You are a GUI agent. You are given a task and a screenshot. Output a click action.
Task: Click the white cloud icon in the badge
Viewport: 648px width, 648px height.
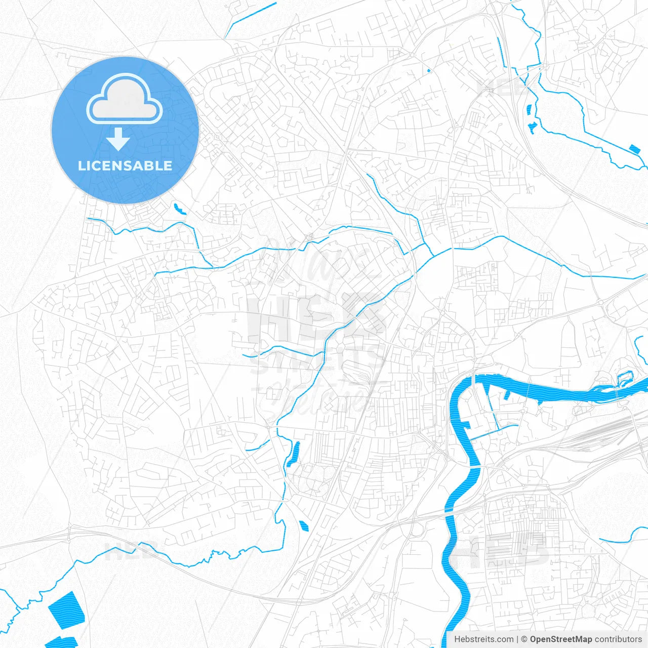(x=125, y=99)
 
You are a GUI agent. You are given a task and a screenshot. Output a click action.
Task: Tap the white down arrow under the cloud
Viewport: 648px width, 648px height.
(x=118, y=139)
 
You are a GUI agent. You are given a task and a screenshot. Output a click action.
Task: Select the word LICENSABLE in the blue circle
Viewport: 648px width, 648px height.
(x=125, y=166)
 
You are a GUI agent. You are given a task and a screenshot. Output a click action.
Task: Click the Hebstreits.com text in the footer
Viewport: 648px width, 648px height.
(x=483, y=639)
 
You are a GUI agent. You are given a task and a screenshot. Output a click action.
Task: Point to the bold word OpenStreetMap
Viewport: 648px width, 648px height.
(x=560, y=639)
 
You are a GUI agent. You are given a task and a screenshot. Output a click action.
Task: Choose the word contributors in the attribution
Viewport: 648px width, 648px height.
(x=618, y=639)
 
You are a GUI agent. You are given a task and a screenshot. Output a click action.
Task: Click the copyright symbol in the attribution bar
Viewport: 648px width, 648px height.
(x=524, y=639)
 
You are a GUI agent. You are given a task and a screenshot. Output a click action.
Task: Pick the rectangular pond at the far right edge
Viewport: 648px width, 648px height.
(x=634, y=148)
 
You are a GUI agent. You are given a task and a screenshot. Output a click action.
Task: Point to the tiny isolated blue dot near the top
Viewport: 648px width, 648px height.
(x=429, y=70)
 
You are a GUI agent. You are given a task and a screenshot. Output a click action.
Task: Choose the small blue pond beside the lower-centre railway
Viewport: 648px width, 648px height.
(x=304, y=525)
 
